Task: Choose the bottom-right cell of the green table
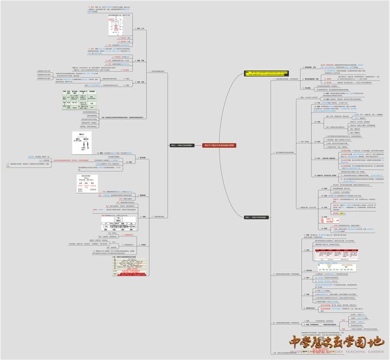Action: coord(92,110)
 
